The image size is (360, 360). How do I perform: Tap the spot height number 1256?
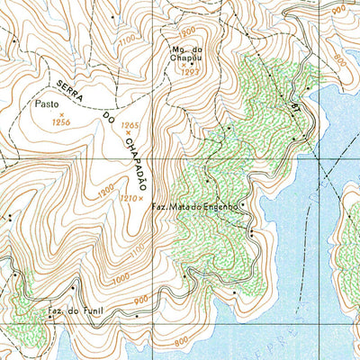pos(61,121)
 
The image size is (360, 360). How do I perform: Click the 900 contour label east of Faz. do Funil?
pos(140,300)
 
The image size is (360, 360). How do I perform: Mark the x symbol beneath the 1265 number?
pos(130,133)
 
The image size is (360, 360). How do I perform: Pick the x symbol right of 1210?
pos(141,198)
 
